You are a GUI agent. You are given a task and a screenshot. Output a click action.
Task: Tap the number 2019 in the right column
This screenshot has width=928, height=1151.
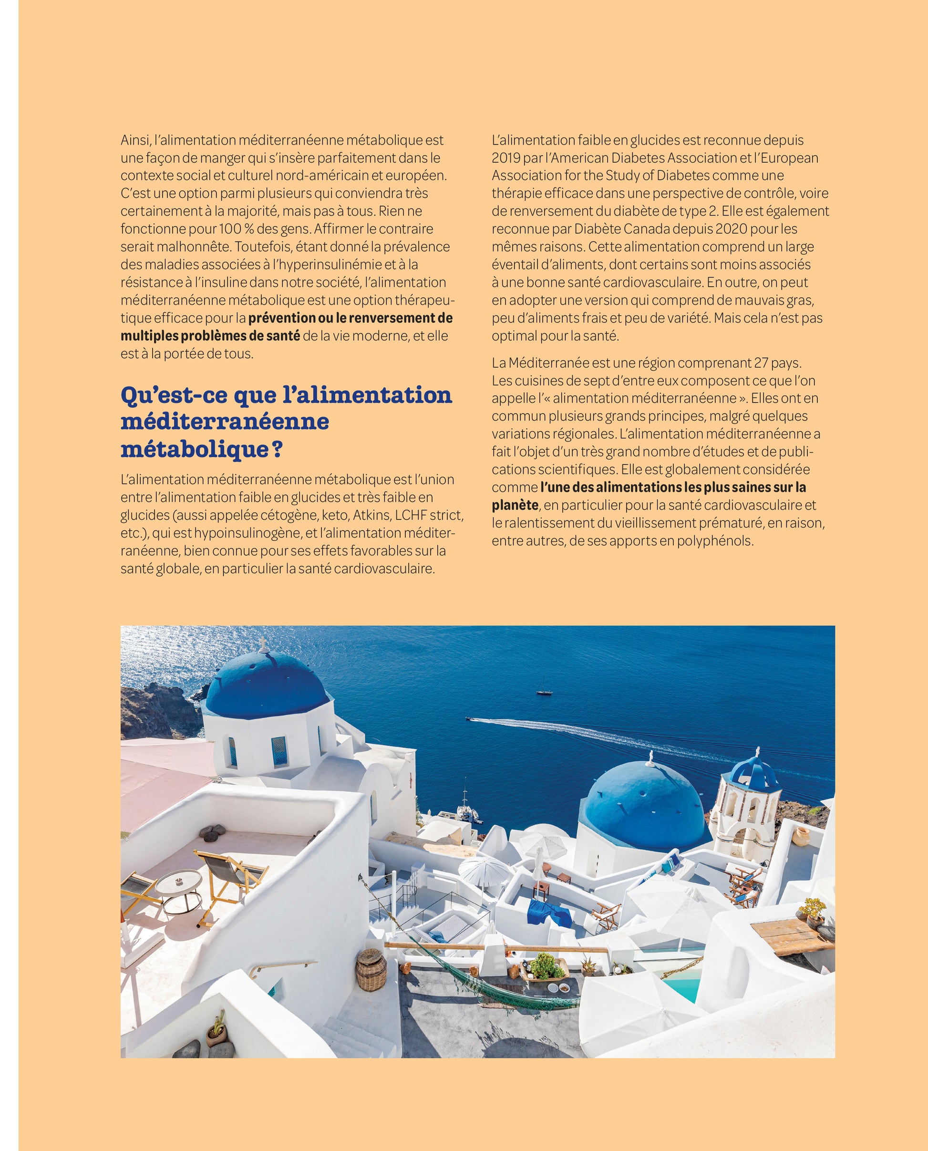point(505,158)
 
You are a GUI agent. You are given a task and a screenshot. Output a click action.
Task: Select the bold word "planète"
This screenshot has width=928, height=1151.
point(515,505)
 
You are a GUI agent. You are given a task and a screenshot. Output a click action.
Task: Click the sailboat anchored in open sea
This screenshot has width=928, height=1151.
point(544,691)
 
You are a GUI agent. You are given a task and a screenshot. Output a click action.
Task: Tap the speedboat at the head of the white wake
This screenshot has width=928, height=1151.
point(469,718)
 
